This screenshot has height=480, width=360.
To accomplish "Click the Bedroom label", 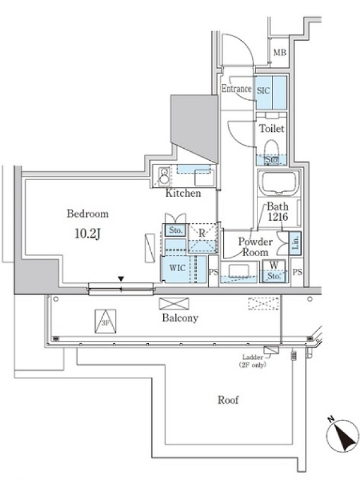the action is [x=88, y=214].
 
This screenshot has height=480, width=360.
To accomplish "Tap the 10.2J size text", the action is [x=88, y=234].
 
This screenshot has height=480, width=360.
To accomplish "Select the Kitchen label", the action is [x=183, y=193].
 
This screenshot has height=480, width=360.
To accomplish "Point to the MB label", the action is [x=280, y=53].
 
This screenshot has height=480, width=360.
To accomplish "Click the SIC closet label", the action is [x=263, y=91].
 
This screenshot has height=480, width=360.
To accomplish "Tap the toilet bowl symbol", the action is [x=271, y=149].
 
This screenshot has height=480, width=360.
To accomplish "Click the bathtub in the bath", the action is [x=278, y=183].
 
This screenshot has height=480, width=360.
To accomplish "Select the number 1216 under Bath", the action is [x=278, y=217].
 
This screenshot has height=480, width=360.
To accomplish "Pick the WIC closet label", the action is [x=177, y=268].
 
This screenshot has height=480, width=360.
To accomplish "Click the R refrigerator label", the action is [x=202, y=233].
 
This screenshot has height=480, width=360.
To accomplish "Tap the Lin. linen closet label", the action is [x=295, y=243].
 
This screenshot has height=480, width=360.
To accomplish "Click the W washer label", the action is [x=274, y=265].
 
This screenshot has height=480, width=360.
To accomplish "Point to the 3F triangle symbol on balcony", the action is [x=106, y=321].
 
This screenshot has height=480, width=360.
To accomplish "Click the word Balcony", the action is [x=180, y=318].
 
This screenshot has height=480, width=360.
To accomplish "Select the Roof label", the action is [x=228, y=400].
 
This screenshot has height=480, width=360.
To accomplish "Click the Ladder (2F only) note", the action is [x=252, y=361].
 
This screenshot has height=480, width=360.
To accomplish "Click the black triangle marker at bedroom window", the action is [x=121, y=279].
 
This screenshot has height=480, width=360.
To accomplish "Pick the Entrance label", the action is [x=236, y=88].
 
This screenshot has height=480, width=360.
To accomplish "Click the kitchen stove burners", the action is [x=164, y=176].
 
